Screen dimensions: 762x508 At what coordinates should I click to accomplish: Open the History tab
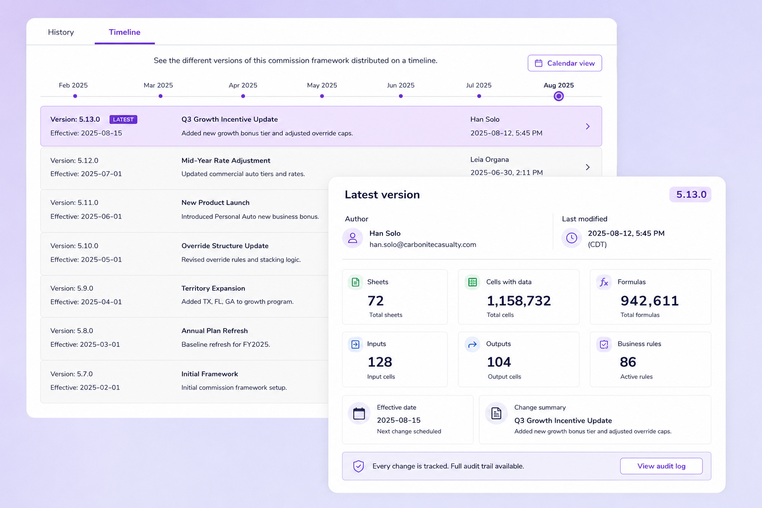tap(61, 32)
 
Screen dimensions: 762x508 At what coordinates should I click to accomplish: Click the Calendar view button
tap(565, 63)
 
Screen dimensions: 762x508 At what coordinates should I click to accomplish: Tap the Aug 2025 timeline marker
tap(559, 96)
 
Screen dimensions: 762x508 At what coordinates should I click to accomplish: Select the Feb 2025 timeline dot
tap(75, 96)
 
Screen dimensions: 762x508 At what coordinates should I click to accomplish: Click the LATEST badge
tap(123, 120)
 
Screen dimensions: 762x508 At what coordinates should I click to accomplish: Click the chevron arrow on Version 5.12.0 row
tap(587, 167)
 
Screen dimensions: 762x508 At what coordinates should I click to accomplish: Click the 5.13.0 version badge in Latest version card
tap(691, 194)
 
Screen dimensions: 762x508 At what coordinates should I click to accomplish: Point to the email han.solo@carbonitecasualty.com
tap(423, 244)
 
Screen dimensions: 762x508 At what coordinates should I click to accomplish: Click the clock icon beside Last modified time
tap(571, 238)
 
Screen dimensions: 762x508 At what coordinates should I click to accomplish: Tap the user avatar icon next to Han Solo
tap(353, 238)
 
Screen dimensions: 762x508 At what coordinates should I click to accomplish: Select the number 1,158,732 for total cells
tap(518, 301)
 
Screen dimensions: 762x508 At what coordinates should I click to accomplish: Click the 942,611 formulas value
tap(649, 301)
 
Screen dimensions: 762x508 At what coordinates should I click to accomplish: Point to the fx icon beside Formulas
tap(604, 282)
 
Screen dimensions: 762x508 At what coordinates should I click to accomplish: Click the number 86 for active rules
tap(628, 362)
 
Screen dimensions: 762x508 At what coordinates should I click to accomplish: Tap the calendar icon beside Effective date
tap(359, 413)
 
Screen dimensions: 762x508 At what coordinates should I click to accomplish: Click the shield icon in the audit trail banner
tap(358, 466)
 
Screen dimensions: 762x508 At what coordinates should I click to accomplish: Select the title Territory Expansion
tap(213, 288)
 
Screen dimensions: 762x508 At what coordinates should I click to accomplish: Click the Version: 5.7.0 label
tap(71, 374)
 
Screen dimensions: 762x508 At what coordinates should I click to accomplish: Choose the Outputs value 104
tap(499, 362)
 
